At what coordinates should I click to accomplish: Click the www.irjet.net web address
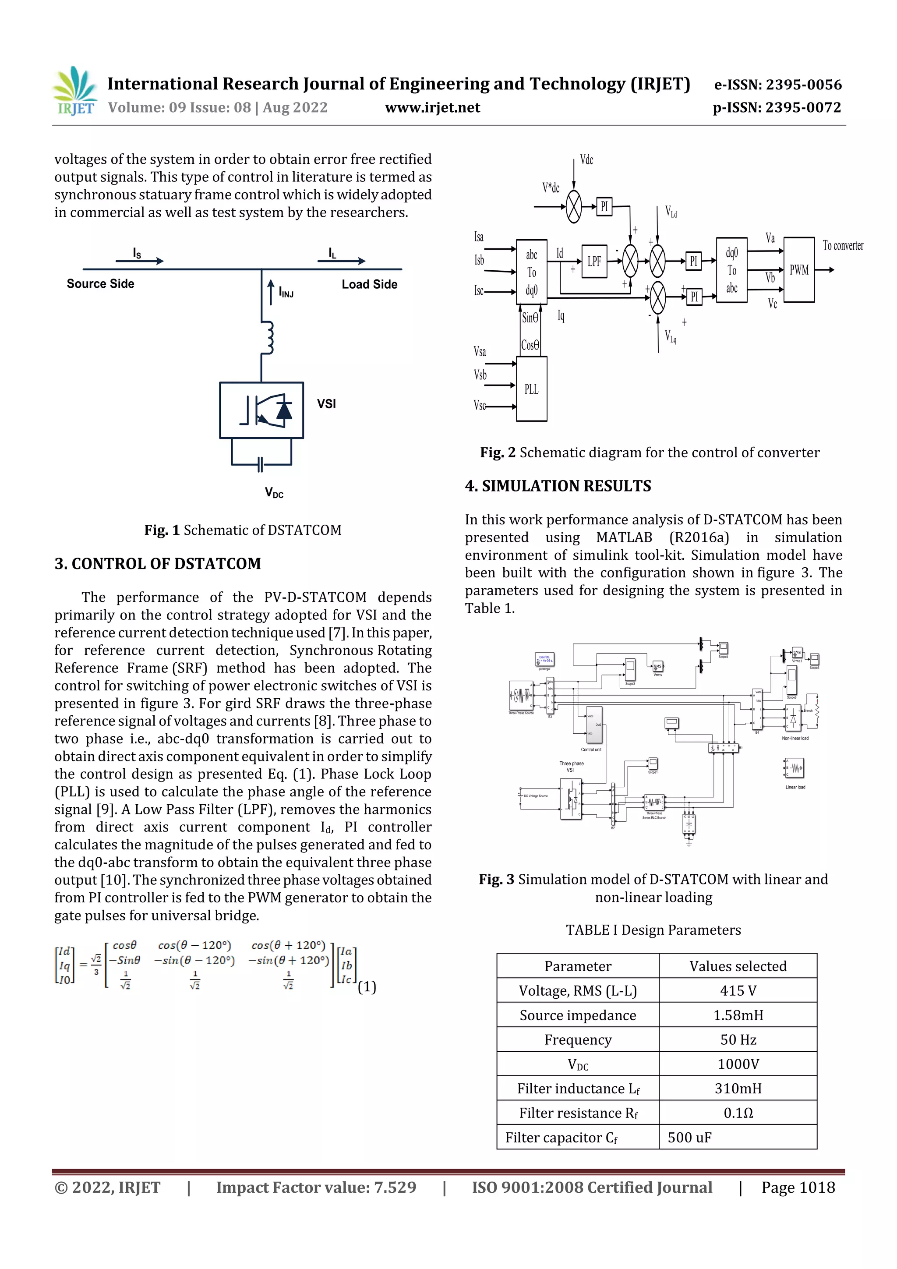coord(432,108)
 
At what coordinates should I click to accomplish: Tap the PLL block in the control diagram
coord(531,389)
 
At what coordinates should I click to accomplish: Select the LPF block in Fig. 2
coord(594,261)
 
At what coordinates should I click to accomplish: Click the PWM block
coord(798,270)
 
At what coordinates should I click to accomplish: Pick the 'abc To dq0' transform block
coord(531,272)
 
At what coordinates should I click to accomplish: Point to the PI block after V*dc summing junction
coord(604,207)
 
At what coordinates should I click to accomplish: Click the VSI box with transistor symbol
coord(261,410)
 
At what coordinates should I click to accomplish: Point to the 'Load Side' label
coord(369,284)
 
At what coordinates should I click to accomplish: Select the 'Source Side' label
coord(101,283)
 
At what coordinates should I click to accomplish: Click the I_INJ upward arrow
coord(271,292)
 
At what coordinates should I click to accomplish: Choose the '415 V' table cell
coord(738,990)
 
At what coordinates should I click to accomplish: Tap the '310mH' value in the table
coord(738,1088)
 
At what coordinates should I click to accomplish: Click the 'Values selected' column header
coord(738,966)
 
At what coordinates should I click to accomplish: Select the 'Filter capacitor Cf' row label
coord(561,1138)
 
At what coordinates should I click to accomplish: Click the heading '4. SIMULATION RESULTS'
coord(558,486)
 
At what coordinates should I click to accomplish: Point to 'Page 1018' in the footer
coord(798,1187)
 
